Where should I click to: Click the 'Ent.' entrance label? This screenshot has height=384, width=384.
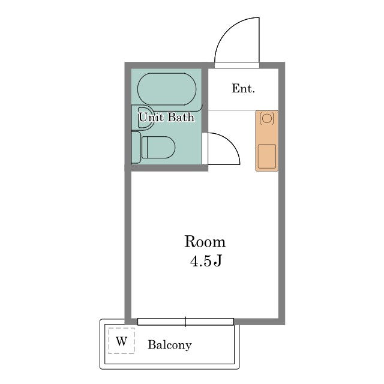click(x=243, y=88)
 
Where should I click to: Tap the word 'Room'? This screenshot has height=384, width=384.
click(x=205, y=242)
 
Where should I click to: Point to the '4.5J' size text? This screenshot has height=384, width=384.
click(x=206, y=261)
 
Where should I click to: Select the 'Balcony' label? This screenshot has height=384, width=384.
click(x=169, y=346)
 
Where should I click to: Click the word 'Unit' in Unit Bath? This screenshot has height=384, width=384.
click(x=151, y=117)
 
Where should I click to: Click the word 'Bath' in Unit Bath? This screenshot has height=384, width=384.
click(x=181, y=117)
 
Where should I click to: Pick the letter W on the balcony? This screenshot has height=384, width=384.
click(x=121, y=341)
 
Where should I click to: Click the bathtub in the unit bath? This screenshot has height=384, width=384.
click(x=167, y=89)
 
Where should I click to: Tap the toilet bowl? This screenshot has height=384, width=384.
click(x=158, y=147)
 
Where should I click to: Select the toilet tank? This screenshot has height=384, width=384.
click(x=136, y=148)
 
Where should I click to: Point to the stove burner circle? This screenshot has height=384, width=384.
click(x=266, y=119)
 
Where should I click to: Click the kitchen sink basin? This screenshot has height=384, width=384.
click(x=267, y=156)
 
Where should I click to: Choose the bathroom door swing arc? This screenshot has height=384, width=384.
click(x=230, y=142)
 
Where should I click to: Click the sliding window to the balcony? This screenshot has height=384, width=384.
click(x=185, y=322)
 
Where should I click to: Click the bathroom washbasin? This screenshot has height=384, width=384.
click(x=143, y=118)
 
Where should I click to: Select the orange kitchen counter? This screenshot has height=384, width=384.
click(x=267, y=141)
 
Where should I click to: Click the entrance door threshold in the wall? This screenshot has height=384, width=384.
click(x=237, y=65)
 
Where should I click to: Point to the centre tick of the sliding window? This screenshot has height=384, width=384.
click(x=185, y=322)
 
